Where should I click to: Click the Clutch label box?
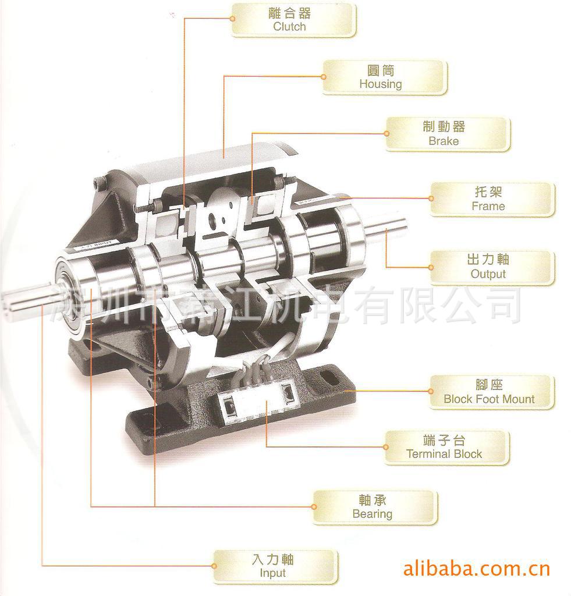pyautogui.click(x=293, y=20)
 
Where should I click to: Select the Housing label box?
pyautogui.click(x=385, y=77)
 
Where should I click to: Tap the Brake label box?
pyautogui.click(x=448, y=134)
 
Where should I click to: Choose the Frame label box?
pyautogui.click(x=492, y=199)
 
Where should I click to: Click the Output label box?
pyautogui.click(x=492, y=267)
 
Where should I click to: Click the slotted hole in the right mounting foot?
pyautogui.click(x=328, y=379)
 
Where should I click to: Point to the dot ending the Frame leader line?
pyautogui.click(x=431, y=198)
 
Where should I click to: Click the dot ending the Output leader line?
pyautogui.click(x=431, y=267)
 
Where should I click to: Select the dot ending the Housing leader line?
pyautogui.click(x=324, y=76)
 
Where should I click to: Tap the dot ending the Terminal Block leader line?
pyautogui.click(x=386, y=447)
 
